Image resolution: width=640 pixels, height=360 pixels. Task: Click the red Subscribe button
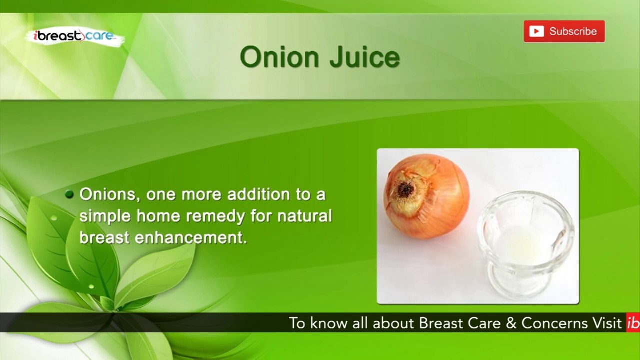[564, 31]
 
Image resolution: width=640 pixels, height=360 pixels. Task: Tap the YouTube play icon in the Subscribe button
[536, 31]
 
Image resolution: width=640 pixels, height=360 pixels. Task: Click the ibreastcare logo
[73, 36]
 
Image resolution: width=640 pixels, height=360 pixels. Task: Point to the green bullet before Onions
[70, 194]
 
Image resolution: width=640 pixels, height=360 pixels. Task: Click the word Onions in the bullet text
[107, 194]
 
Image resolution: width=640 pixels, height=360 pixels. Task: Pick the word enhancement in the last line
[191, 238]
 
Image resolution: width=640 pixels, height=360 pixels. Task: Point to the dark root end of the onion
[405, 189]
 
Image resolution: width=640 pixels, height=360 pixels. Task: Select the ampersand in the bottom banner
[511, 323]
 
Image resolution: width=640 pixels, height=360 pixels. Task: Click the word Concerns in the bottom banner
[554, 323]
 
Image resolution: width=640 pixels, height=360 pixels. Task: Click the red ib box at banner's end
[633, 323]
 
